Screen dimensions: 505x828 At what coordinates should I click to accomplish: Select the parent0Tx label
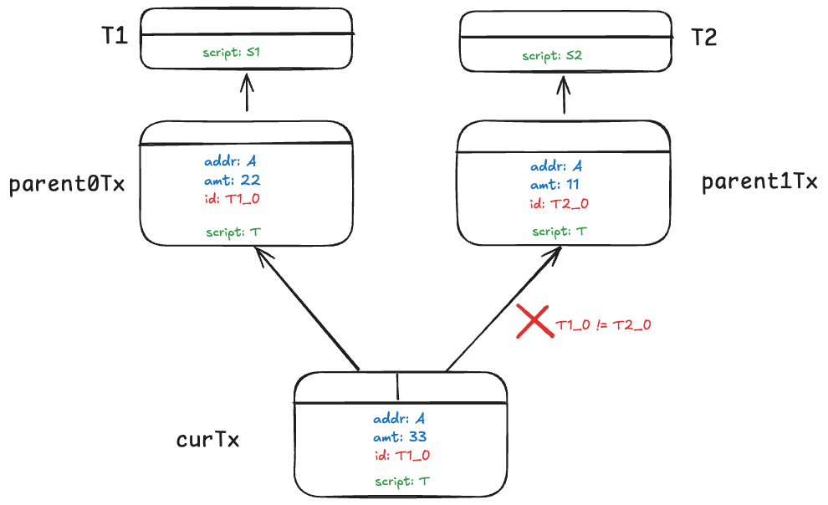coord(67,184)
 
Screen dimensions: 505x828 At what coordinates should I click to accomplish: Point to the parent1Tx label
coord(759,182)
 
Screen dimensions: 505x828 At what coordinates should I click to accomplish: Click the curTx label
coord(208,440)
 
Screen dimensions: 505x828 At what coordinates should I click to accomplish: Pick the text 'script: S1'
coord(232,52)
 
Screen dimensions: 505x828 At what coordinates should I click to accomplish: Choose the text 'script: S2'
coord(552,56)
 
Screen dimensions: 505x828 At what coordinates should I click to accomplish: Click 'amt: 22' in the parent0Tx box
coord(233,180)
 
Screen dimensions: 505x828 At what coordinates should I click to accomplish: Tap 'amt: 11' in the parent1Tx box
coord(555,185)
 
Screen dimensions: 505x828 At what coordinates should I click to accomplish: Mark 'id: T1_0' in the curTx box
coord(402,455)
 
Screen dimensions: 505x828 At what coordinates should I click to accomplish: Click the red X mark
coord(534,321)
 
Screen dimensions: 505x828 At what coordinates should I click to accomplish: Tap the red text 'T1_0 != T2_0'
coord(603,325)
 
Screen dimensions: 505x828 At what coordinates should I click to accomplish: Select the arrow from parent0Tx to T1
coord(247,91)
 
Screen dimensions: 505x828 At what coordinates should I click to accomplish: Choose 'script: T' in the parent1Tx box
coord(560,232)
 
